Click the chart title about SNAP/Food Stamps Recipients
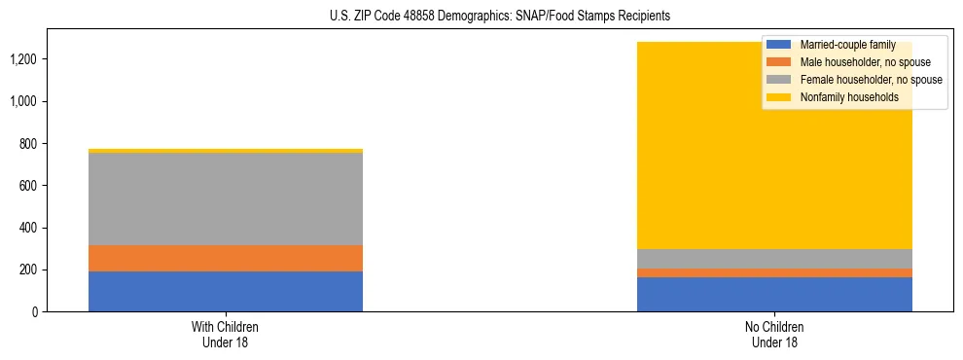tap(482, 17)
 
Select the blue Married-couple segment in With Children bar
tap(226, 291)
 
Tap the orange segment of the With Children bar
tap(226, 258)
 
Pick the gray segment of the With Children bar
tap(226, 198)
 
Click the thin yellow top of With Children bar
tap(226, 151)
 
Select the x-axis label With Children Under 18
tap(226, 334)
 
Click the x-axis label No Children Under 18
tap(774, 334)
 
